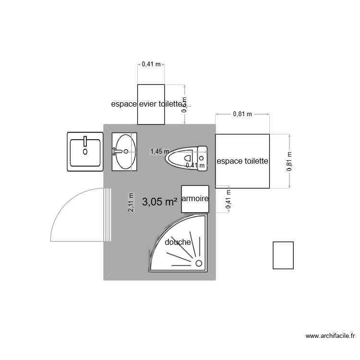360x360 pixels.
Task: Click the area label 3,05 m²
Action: [160, 202]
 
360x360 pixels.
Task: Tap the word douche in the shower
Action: [178, 242]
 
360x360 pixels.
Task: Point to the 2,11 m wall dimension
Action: [131, 202]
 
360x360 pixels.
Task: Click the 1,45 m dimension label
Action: [159, 151]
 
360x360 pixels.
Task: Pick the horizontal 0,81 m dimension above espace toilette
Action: [242, 114]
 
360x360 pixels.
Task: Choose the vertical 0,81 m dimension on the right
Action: [289, 161]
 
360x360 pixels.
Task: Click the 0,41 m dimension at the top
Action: [151, 63]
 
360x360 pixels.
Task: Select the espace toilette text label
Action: [242, 161]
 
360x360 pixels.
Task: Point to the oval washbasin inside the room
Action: [125, 151]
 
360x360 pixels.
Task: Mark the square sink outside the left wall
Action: [85, 152]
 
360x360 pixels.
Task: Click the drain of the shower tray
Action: [198, 263]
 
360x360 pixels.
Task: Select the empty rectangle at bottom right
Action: [283, 255]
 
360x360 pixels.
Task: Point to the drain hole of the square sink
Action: [85, 152]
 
